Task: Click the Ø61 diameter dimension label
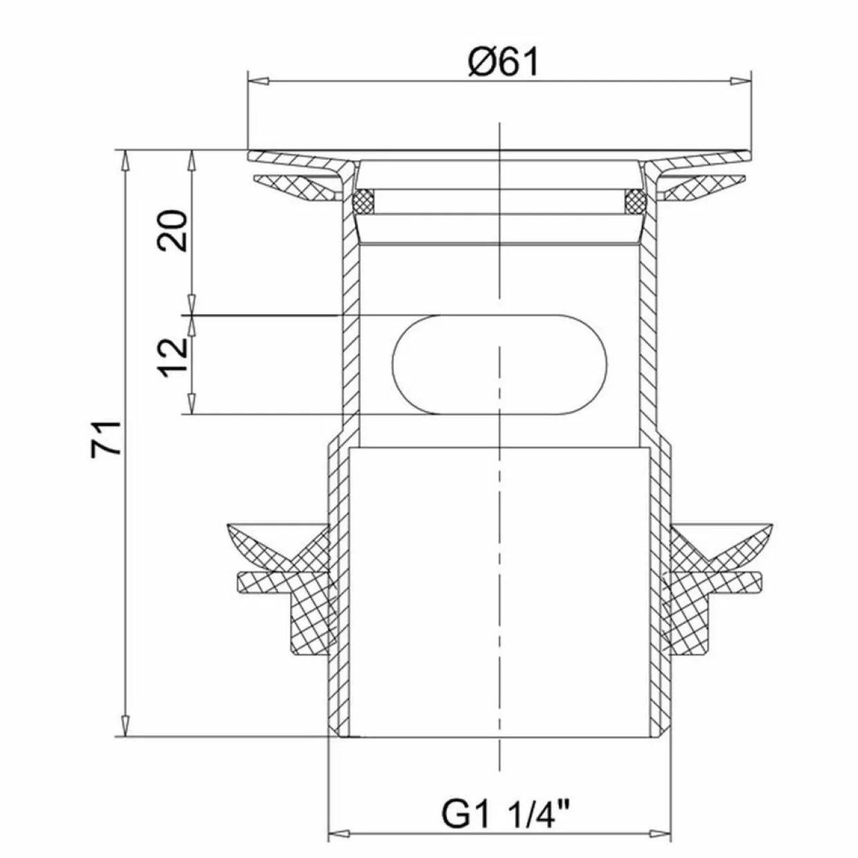tap(504, 62)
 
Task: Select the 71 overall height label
tap(106, 438)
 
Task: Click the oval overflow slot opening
tap(499, 365)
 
